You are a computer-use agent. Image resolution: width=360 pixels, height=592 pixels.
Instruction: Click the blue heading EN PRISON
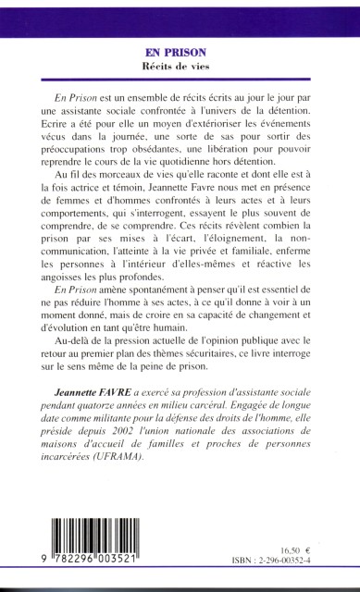click(180, 53)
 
